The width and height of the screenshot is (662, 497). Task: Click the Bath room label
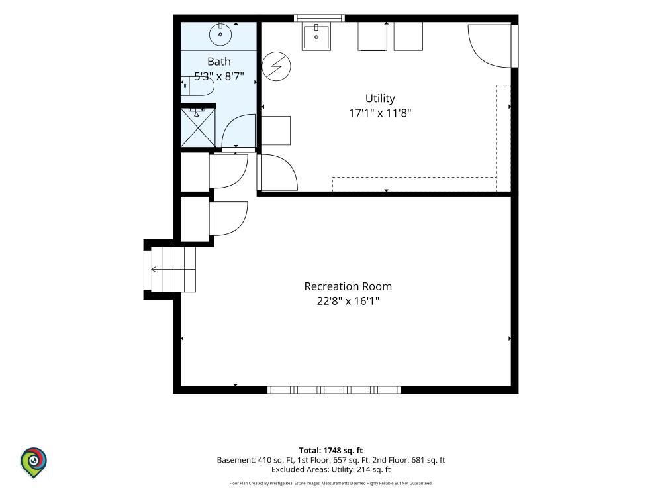pos(218,62)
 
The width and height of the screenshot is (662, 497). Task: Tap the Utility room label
pos(380,99)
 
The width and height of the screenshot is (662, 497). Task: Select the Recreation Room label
pos(348,286)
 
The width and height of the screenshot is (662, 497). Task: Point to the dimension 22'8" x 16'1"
pos(348,302)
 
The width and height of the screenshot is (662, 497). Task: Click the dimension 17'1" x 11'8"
pos(380,113)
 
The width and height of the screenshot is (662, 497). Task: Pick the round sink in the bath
pos(220,34)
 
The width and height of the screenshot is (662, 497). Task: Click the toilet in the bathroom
pos(197,86)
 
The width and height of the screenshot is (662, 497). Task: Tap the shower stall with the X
pos(197,128)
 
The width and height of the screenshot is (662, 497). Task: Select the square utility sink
pos(316,36)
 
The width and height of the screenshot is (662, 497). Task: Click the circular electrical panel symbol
pos(277,66)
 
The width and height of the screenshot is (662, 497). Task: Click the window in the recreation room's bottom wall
pos(334,390)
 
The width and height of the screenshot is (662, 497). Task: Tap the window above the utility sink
pos(319,18)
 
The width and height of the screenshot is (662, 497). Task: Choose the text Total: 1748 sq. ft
pos(331,451)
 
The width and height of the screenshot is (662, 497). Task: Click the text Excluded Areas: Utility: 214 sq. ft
pos(331,470)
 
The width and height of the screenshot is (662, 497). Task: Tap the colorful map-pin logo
pos(34,463)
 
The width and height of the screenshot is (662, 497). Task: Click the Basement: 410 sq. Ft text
pos(251,460)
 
